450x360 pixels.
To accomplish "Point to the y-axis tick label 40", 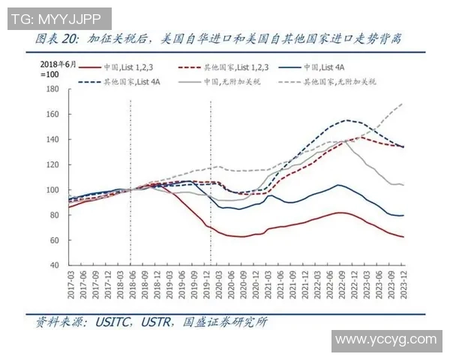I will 54,265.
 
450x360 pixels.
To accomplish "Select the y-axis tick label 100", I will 52,190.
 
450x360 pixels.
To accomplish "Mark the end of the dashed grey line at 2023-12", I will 403,103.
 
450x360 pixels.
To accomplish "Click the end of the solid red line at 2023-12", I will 403,237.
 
